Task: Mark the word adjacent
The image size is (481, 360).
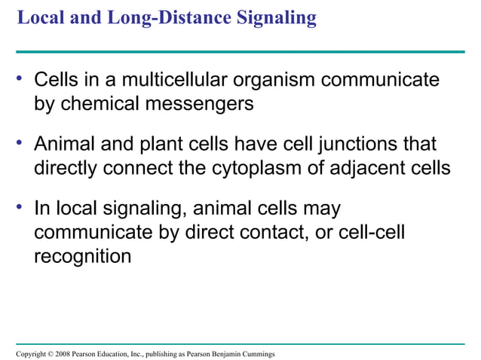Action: (358, 167)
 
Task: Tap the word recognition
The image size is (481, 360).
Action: (82, 255)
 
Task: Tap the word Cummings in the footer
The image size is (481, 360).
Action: (258, 354)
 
